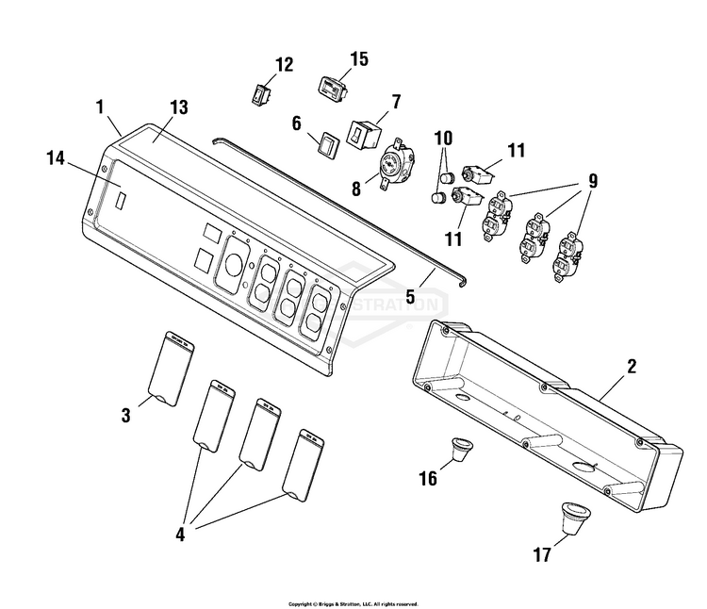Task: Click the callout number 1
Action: [99, 107]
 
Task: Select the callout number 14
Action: [56, 160]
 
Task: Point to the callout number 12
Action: [284, 65]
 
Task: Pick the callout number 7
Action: [397, 101]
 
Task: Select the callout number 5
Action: [411, 295]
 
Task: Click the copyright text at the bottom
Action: [353, 602]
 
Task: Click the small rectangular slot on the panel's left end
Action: [123, 201]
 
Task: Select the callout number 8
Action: [355, 188]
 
